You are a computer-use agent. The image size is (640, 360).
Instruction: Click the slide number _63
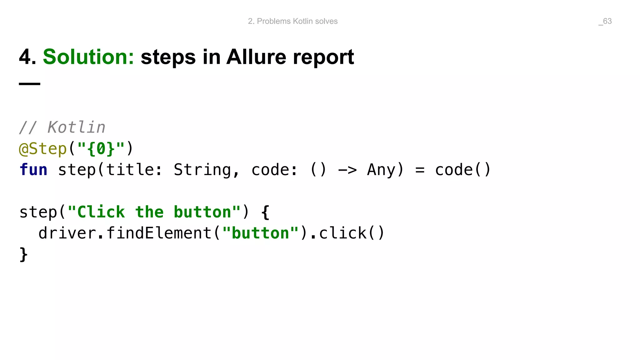605,21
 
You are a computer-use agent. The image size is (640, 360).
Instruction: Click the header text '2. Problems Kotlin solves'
292,21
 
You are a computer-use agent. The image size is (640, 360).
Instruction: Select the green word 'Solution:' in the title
88,57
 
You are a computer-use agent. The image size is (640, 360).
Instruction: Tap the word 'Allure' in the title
256,57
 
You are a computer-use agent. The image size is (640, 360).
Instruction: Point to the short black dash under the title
30,84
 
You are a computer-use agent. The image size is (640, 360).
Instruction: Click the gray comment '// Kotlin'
62,127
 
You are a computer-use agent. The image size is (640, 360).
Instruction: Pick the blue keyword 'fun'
33,170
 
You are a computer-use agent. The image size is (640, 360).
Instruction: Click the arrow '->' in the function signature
347,170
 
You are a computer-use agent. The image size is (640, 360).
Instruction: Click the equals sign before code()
420,170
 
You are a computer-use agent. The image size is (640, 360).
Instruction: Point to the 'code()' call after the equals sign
463,170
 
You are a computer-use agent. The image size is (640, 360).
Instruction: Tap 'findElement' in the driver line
159,233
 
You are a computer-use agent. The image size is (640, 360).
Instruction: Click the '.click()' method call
347,233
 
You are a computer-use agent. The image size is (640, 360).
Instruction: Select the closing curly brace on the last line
23,254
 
